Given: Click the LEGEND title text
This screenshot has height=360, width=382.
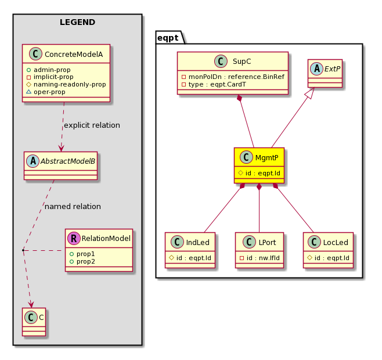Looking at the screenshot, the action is (x=77, y=22).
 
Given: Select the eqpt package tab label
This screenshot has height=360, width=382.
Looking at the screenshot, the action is (x=168, y=38).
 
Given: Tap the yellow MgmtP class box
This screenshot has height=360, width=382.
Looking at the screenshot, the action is (x=259, y=165).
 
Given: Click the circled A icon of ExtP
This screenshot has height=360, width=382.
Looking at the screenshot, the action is (x=317, y=69).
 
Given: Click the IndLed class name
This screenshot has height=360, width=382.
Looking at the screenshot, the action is (x=197, y=242).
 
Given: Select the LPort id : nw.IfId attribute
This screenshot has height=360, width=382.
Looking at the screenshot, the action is (x=260, y=258).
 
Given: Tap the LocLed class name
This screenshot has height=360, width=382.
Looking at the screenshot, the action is (x=336, y=242).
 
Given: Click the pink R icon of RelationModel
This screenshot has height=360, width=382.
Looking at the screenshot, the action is (x=74, y=239).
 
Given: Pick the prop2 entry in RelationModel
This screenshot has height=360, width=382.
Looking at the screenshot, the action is (x=82, y=261).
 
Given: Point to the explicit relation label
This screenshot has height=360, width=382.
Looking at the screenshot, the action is (x=92, y=125).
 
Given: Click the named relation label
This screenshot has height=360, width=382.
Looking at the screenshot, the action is (x=73, y=207).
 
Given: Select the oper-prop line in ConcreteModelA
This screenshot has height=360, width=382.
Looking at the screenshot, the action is (x=46, y=92).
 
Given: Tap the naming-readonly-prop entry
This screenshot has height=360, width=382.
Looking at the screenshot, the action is (x=66, y=84).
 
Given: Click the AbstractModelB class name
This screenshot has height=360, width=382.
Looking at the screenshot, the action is (x=68, y=161).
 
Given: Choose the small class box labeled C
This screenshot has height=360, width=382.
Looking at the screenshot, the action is (x=34, y=322).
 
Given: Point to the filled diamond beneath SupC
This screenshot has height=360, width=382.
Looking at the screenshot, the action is (x=240, y=98).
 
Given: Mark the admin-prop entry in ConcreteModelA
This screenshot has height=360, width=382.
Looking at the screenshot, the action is (x=49, y=70).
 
